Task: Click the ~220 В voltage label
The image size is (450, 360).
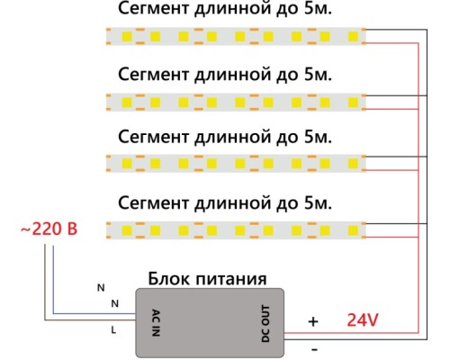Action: coord(49,229)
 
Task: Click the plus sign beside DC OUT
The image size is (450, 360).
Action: coord(313,321)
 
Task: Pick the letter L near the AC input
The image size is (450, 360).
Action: coord(113,330)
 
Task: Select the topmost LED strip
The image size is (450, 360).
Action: coord(236,36)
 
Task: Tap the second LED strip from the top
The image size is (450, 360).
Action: coord(236,99)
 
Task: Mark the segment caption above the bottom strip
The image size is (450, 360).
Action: coord(225,200)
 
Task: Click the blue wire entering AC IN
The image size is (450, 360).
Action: coord(90,311)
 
